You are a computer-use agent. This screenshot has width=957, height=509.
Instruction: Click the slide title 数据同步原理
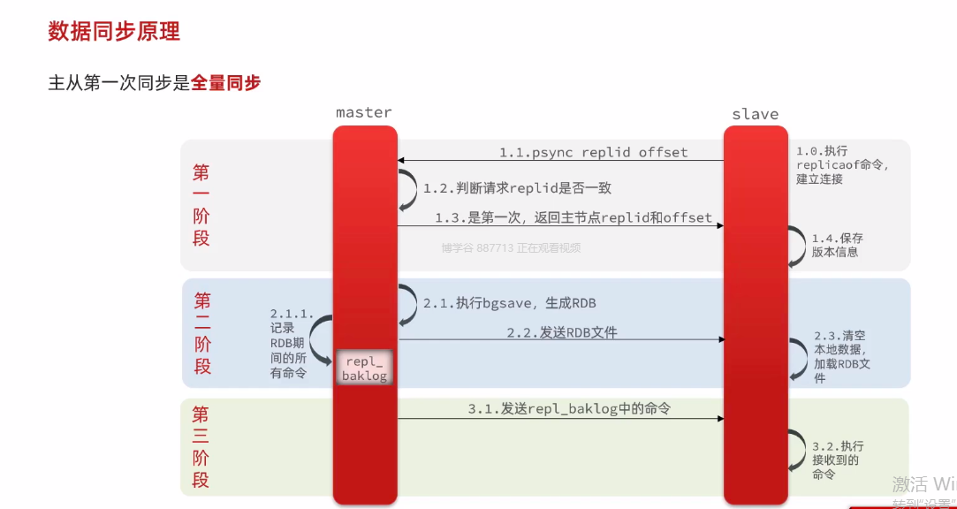click(x=114, y=32)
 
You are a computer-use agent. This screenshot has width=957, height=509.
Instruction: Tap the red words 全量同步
click(x=226, y=83)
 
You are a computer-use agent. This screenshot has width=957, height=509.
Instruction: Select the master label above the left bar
click(x=363, y=112)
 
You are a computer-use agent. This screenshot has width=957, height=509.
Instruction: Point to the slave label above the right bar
click(x=755, y=114)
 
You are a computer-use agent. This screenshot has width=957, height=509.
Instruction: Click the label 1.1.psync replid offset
click(x=593, y=152)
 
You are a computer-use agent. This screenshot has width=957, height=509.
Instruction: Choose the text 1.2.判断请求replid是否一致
click(x=517, y=187)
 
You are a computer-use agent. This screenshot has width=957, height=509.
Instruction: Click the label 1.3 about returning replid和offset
click(x=573, y=217)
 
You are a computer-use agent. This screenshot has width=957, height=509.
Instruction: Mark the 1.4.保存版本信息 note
click(x=837, y=245)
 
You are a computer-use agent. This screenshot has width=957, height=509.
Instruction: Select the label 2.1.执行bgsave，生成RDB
click(x=509, y=303)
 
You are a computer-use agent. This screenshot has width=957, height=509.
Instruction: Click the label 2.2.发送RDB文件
click(x=561, y=332)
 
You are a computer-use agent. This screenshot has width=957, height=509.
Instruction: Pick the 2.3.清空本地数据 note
click(x=842, y=357)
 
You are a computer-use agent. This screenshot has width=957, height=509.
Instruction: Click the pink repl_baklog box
click(x=364, y=368)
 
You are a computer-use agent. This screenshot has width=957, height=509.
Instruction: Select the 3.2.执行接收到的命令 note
click(x=838, y=460)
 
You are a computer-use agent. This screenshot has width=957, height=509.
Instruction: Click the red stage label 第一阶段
click(x=201, y=204)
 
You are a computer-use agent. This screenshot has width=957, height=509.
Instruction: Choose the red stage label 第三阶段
click(x=201, y=446)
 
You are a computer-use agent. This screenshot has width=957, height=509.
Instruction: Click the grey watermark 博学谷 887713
click(x=511, y=248)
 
